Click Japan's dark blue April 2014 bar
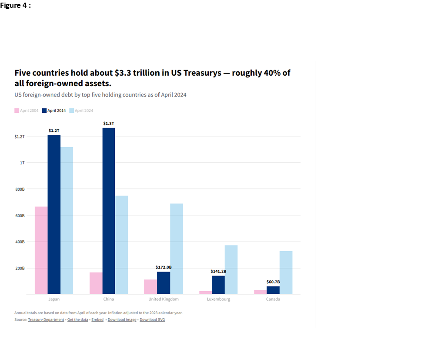point(54,214)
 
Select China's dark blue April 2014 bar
point(109,211)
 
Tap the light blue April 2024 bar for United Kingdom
point(177,249)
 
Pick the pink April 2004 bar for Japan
point(41,250)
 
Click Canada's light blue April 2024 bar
point(286,273)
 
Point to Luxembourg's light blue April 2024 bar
point(231,269)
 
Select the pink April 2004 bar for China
point(96,283)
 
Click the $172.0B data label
point(164,267)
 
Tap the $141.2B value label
point(218,271)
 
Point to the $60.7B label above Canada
point(273,282)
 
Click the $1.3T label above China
point(109,124)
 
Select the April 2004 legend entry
point(27,111)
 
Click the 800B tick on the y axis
point(20,189)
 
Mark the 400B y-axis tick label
point(20,242)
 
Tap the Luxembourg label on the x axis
point(219,299)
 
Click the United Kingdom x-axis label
point(164,299)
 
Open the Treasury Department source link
point(46,320)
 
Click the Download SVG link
point(152,320)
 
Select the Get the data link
point(77,320)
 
